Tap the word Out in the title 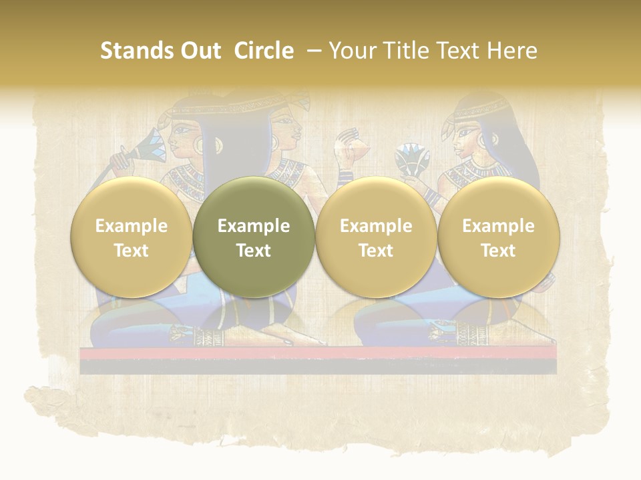pos(199,51)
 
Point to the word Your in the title pos(350,51)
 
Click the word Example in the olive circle pos(254,226)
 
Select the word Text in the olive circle pos(254,251)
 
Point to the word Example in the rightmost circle pos(498,226)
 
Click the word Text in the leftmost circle pos(131,251)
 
